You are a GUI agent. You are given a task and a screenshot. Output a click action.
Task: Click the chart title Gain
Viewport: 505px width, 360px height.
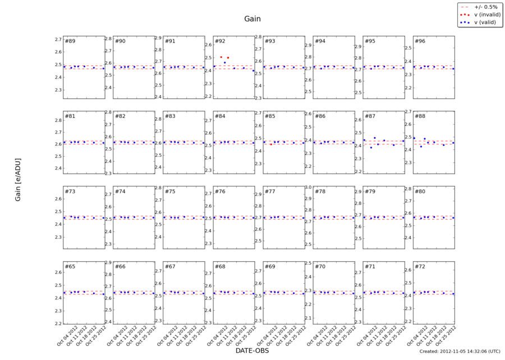[x=252, y=19]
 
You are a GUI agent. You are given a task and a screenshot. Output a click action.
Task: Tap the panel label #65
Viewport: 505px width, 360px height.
[x=70, y=266]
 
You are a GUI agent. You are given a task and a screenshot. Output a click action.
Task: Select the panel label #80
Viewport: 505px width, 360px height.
[x=420, y=192]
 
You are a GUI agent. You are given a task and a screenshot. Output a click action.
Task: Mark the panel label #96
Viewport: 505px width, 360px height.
[x=420, y=41]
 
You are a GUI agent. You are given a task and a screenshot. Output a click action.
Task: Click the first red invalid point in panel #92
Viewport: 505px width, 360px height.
[x=221, y=57]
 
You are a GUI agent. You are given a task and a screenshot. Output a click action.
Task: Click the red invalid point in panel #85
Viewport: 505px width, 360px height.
[x=271, y=144]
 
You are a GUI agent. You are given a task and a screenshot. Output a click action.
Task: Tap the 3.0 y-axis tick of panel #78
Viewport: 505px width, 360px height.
[x=307, y=187]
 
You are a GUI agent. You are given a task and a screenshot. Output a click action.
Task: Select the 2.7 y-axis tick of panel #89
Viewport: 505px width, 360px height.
[x=58, y=39]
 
